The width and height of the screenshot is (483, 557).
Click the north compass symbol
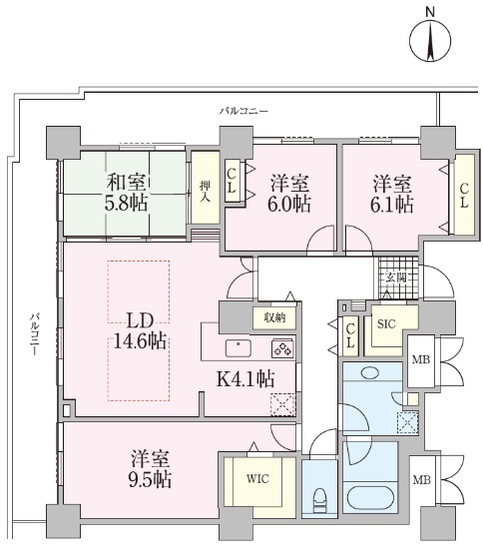coord(430,40)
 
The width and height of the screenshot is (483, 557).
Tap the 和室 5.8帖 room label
coord(127,194)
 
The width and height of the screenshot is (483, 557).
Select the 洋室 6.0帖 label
coord(289,194)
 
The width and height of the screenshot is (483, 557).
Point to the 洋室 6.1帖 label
coord(392,194)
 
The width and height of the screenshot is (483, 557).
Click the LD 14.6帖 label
coord(140,331)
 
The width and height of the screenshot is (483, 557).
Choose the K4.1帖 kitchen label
coord(245,379)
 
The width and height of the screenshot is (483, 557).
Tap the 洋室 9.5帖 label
coord(150,469)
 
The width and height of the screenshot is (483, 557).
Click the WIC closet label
coord(257,479)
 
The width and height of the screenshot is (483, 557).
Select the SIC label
coord(386,324)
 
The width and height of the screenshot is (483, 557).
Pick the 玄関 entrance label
coord(396,278)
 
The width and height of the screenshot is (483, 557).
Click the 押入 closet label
coord(205,191)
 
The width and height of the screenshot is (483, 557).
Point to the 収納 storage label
coord(274,317)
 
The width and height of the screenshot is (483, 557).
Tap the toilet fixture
coord(320,499)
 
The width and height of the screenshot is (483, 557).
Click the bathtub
coord(370,497)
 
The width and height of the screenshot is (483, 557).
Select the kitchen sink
coord(239,348)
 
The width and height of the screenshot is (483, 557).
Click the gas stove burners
coord(282,348)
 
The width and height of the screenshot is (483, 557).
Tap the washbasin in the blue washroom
coord(369,372)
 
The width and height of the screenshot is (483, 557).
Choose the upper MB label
coord(421,359)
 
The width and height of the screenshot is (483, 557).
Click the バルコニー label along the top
coord(243,111)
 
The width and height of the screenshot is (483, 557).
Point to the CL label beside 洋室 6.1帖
coord(464,196)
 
